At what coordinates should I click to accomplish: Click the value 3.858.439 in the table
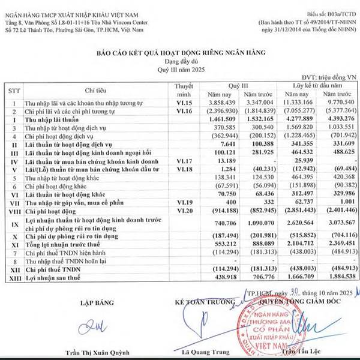point(221,104)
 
